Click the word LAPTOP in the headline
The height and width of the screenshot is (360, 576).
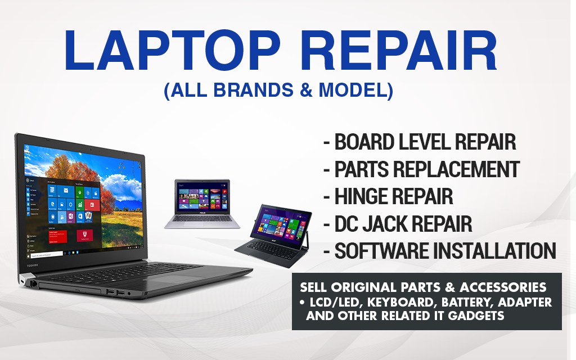[x=172, y=50]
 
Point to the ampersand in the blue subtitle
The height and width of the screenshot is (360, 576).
[x=306, y=91]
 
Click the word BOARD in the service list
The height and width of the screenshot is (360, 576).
[x=364, y=142]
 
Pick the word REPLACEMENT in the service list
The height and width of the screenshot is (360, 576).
[x=456, y=169]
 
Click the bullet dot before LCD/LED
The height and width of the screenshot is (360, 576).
[x=302, y=302]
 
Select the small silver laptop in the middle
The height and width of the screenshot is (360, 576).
[x=202, y=204]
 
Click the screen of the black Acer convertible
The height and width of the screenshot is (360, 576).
[x=280, y=223]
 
